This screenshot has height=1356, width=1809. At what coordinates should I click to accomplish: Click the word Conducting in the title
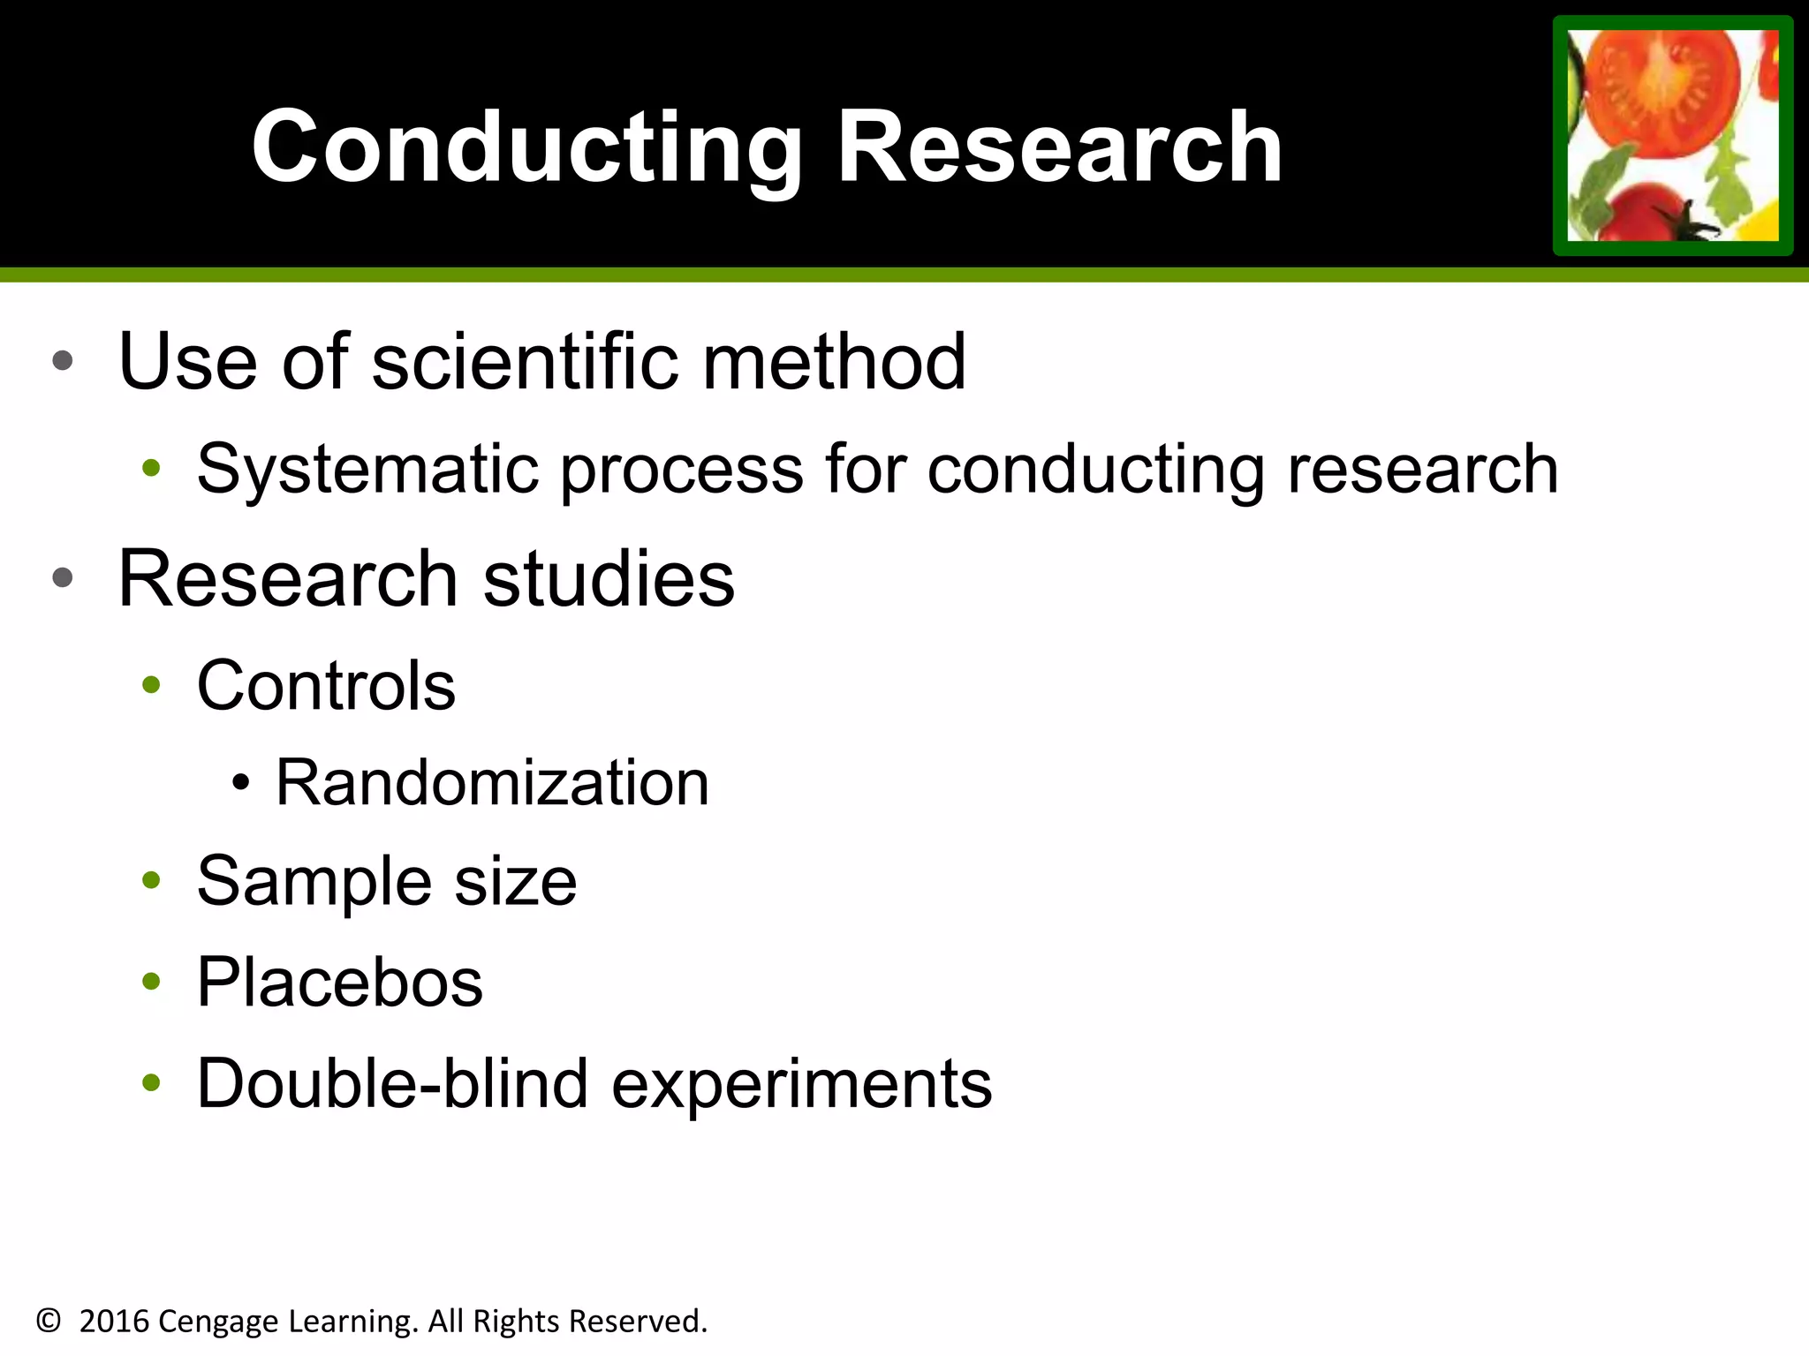click(526, 148)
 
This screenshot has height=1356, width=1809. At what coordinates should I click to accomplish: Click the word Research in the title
click(1059, 147)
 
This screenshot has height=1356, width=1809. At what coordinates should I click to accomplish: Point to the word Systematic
click(367, 469)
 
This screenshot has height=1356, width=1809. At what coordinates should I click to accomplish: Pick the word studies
click(609, 579)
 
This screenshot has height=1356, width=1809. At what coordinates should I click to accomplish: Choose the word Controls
click(326, 686)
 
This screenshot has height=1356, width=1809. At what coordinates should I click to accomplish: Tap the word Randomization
click(492, 783)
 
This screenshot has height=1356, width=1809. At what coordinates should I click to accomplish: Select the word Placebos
click(339, 983)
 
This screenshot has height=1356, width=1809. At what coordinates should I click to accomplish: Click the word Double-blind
click(392, 1083)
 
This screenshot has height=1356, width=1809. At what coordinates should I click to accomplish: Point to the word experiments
click(801, 1085)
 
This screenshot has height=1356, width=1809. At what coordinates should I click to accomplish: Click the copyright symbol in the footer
click(49, 1322)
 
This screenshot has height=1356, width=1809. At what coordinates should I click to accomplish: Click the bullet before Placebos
click(152, 981)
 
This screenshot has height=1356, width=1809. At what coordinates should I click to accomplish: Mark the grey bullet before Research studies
click(63, 578)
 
